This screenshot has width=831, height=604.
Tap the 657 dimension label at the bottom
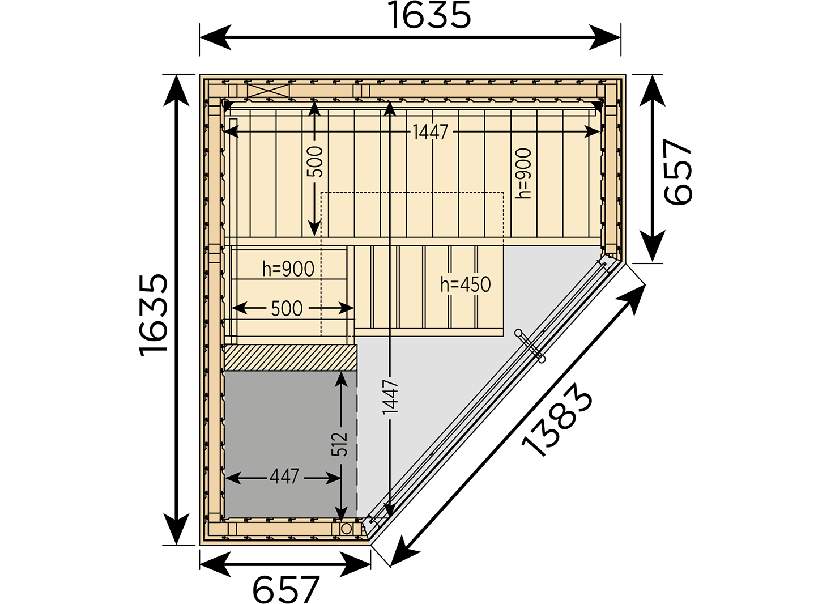pos(285,589)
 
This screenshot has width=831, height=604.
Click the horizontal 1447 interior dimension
pos(431,132)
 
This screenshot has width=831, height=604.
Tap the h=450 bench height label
pos(466,284)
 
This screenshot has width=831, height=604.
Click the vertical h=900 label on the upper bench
pos(523,173)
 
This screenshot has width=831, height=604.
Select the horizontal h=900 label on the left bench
pos(288,269)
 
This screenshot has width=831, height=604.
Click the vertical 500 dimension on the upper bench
pos(315,161)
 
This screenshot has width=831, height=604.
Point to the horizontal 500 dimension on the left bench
pos(287,308)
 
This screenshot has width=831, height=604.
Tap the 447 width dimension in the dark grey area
pos(284,477)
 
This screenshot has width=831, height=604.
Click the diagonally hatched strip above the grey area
pos(291,358)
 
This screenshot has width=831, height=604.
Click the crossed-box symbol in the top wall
pos(269,91)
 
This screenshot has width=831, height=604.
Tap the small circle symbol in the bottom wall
pos(346,528)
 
